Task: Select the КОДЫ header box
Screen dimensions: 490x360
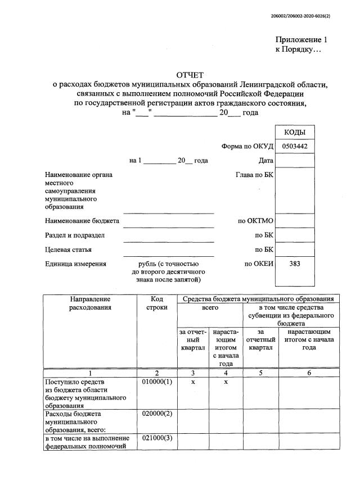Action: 295,132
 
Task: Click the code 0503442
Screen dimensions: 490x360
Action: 295,146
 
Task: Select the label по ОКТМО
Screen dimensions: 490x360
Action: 256,221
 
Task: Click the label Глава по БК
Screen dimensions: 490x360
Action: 254,175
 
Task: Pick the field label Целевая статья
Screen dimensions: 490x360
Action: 68,249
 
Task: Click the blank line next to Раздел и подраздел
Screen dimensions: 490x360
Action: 169,239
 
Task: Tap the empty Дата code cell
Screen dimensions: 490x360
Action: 295,161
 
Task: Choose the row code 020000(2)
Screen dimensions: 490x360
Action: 157,414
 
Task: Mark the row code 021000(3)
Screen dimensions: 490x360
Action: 157,438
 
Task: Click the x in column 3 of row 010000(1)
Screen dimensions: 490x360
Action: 193,382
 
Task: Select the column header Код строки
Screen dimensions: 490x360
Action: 157,303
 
